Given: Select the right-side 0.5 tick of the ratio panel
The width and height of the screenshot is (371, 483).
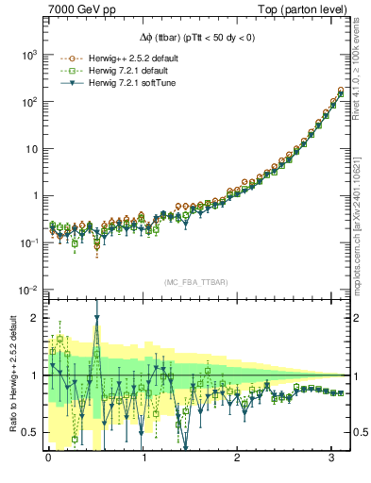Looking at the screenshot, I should click(x=360, y=432).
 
